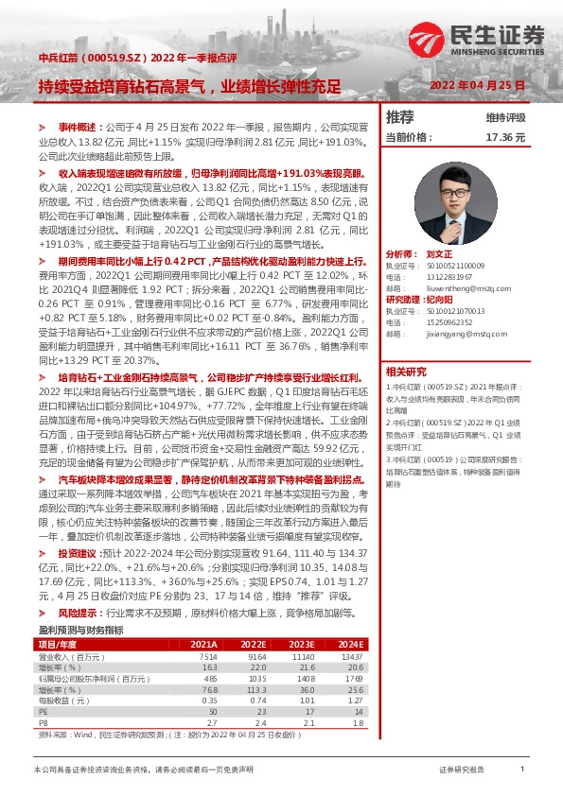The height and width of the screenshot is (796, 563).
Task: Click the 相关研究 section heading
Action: pos(407,372)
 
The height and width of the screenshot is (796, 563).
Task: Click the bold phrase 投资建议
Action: pos(78,552)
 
